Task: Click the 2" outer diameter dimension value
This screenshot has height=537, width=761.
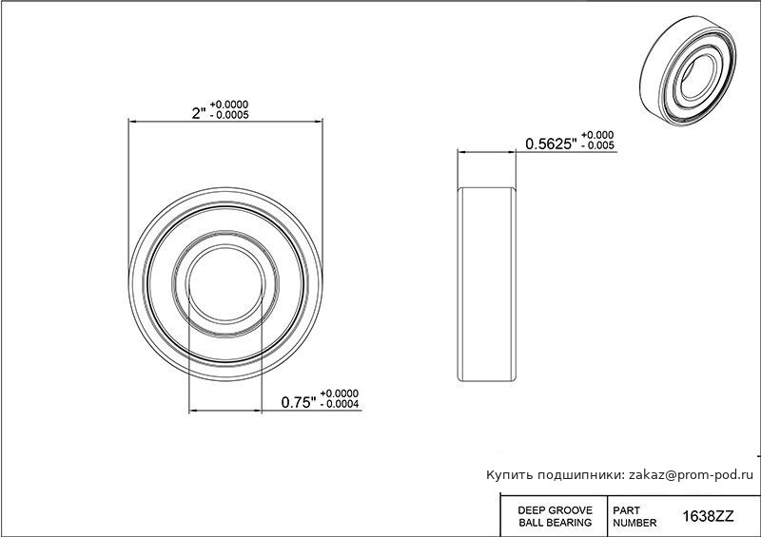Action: tap(199, 113)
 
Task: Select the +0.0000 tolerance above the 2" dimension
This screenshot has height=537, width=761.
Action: tap(229, 105)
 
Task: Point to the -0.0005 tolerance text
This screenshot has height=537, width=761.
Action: tap(229, 115)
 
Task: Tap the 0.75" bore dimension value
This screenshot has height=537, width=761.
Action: tap(299, 402)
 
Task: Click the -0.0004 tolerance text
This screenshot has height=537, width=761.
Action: tap(340, 404)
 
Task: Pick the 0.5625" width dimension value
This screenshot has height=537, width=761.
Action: tap(552, 144)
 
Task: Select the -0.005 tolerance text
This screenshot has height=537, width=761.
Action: tap(597, 145)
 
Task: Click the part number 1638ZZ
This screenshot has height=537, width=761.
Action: tap(708, 517)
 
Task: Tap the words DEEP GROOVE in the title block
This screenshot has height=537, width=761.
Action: tap(556, 510)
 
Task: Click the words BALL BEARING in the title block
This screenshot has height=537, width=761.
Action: tap(556, 523)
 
